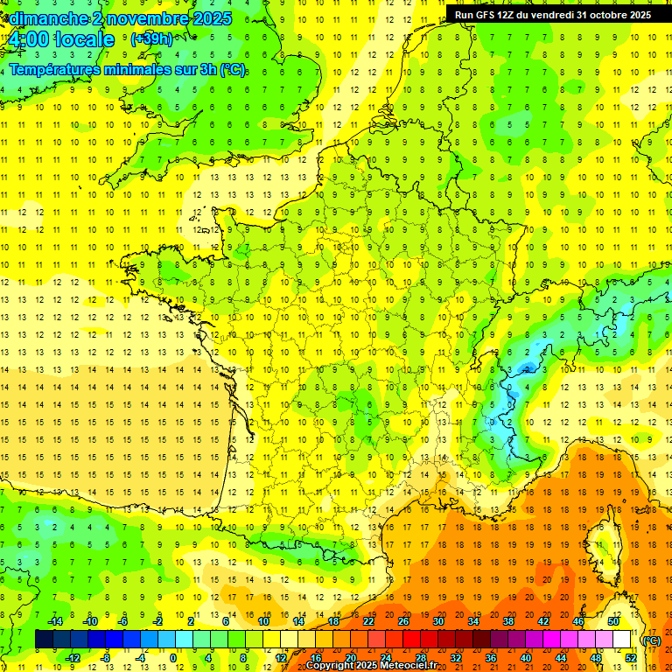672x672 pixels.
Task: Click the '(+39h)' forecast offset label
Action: [151, 39]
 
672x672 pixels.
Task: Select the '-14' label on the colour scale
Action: [54, 621]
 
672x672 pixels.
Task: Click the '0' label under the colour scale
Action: [172, 658]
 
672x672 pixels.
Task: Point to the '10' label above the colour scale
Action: [263, 621]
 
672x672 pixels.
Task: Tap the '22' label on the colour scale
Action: [367, 621]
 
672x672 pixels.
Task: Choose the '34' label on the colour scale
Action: [472, 621]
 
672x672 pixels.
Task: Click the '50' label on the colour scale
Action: [612, 621]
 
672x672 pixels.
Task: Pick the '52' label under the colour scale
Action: [631, 658]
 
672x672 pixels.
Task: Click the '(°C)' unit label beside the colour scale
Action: [652, 640]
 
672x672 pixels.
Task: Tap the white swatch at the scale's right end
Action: [621, 640]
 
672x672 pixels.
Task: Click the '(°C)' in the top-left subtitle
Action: [232, 70]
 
